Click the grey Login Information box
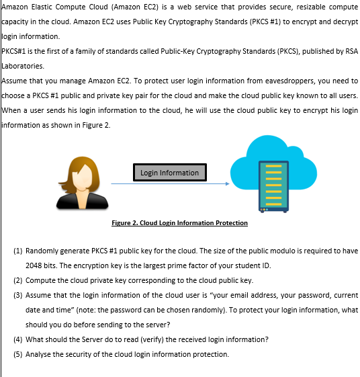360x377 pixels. [170, 173]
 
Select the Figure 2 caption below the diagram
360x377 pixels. [179, 222]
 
